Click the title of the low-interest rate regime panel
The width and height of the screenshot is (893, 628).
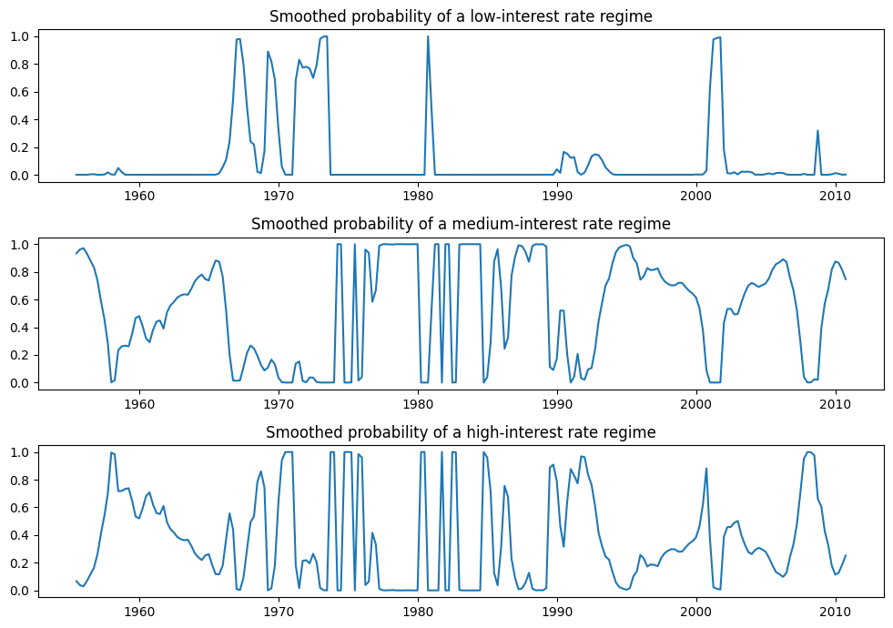pyautogui.click(x=462, y=16)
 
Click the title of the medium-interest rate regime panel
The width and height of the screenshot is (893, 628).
pyautogui.click(x=462, y=224)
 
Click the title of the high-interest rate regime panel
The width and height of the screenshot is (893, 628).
pyautogui.click(x=462, y=432)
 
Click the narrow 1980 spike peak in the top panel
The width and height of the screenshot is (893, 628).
pyautogui.click(x=428, y=36)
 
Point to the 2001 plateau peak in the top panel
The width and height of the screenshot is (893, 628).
pyautogui.click(x=717, y=37)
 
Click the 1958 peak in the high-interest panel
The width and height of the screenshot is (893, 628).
pyautogui.click(x=111, y=452)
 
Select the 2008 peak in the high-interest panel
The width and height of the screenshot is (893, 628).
pyautogui.click(x=809, y=452)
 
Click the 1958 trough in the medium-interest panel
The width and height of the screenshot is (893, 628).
pyautogui.click(x=111, y=382)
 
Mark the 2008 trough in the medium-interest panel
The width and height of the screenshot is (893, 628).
pyautogui.click(x=809, y=382)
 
